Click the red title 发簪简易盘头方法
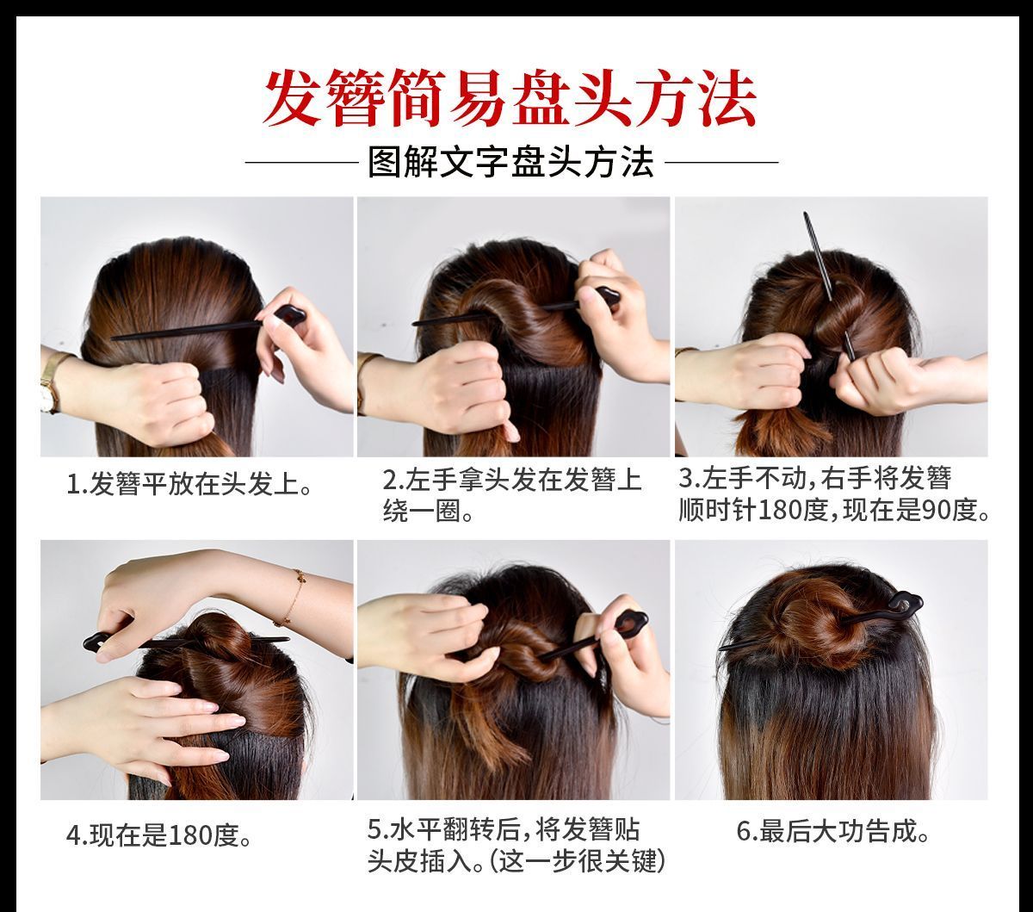click(510, 100)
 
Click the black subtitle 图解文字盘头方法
click(510, 162)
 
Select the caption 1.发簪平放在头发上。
click(189, 482)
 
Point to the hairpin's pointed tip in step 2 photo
click(414, 322)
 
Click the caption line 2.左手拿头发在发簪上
click(512, 480)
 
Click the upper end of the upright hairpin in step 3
click(806, 214)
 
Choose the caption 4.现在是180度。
click(159, 835)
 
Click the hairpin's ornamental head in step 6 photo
click(902, 604)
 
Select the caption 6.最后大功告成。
click(832, 832)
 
